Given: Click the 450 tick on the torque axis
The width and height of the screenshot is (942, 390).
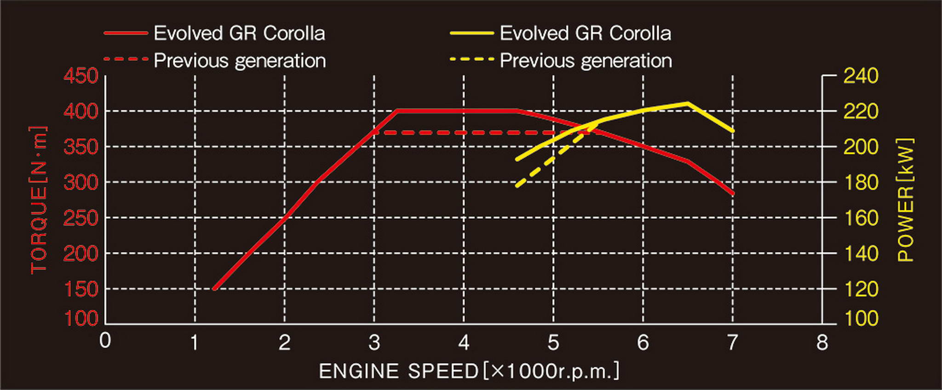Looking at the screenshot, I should coord(81,76).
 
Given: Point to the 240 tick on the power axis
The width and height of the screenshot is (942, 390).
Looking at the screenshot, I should coord(861,76).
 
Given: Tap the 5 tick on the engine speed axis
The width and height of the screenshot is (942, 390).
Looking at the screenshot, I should coord(553,343).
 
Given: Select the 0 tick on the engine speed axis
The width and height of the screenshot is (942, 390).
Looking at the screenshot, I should coord(105,341).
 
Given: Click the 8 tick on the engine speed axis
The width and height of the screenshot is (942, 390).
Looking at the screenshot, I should coord(822,343).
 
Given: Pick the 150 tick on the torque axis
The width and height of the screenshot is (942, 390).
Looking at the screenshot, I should coord(81,289).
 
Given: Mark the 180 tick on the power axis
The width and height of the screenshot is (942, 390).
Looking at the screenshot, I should coord(861,182).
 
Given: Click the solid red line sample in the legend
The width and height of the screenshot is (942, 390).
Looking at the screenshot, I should coord(126,33).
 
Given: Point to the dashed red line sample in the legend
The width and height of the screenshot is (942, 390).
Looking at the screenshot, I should coord(126,59).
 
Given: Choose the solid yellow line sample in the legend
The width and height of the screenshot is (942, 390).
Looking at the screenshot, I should coord(471,33).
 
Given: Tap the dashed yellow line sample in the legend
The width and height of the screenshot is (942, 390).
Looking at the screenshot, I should coord(471,59).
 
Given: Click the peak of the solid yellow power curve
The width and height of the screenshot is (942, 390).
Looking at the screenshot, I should coord(688,103).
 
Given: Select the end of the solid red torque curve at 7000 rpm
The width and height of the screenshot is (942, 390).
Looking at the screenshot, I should coord(732,193).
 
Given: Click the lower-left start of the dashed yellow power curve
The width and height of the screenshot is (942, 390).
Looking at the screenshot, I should coord(517,186).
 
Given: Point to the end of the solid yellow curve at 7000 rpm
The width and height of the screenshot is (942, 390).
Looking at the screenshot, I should coord(732,131).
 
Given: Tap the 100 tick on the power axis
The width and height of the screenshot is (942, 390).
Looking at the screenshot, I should coord(861,319).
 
